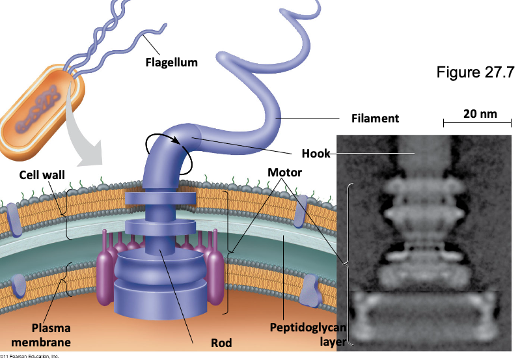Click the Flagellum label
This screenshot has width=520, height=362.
point(171,63)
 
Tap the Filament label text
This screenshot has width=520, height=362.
point(375,119)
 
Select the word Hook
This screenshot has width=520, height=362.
point(316,154)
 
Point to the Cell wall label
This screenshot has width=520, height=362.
point(42,175)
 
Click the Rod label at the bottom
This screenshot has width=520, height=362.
point(221,342)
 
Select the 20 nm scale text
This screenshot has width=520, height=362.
point(480,114)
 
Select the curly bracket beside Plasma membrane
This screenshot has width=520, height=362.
point(65,279)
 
